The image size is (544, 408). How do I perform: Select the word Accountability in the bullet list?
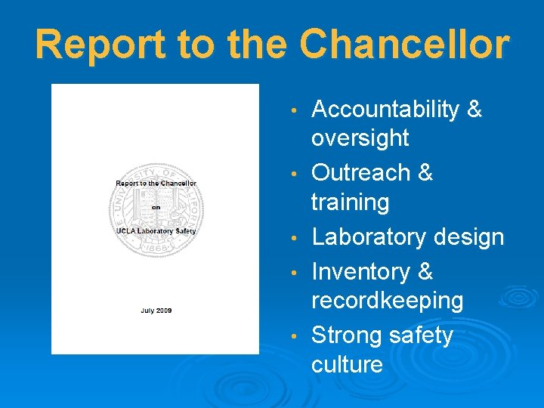click(385, 110)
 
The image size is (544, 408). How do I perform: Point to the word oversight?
click(360, 138)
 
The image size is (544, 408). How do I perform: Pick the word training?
click(350, 202)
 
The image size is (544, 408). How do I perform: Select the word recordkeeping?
click(387, 301)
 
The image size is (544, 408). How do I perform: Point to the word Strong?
click(345, 335)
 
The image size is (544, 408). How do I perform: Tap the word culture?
click(347, 364)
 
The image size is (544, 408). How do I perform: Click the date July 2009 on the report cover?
click(155, 310)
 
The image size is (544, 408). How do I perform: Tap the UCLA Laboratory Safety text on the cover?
click(155, 230)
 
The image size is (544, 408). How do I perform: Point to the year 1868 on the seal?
click(156, 248)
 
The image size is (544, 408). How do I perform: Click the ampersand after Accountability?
click(474, 110)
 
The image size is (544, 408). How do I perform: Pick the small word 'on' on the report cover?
click(155, 206)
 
